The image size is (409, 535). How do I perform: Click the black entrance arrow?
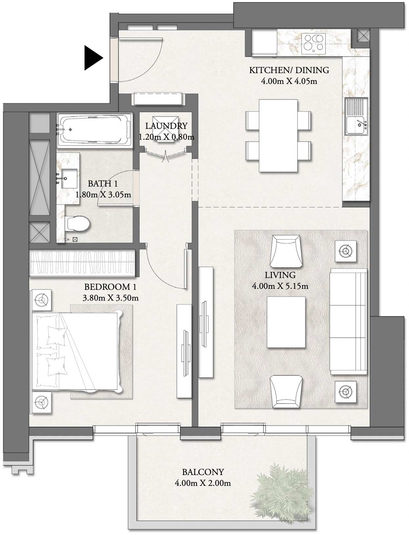(x=93, y=58)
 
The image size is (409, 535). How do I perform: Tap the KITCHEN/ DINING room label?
(x=289, y=70)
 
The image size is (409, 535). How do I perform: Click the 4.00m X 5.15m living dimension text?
(x=280, y=286)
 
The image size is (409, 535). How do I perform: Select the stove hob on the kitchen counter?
(x=313, y=43)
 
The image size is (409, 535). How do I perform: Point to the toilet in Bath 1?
(x=78, y=224)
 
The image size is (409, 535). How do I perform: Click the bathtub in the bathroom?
(x=94, y=130)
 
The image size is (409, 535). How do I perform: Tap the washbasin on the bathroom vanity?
(x=69, y=179)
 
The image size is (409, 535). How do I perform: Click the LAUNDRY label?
(x=166, y=126)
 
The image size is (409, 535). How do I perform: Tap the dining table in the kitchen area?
(x=278, y=135)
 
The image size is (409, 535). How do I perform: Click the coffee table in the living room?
(x=286, y=322)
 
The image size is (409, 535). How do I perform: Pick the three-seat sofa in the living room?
(x=348, y=321)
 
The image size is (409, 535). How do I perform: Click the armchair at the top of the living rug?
(x=286, y=251)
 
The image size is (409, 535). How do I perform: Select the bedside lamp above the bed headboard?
(x=41, y=300)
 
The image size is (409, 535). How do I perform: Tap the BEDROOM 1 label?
(x=110, y=287)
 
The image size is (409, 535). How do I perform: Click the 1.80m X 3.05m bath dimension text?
(x=103, y=195)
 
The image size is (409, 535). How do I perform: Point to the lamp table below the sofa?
(x=345, y=391)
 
